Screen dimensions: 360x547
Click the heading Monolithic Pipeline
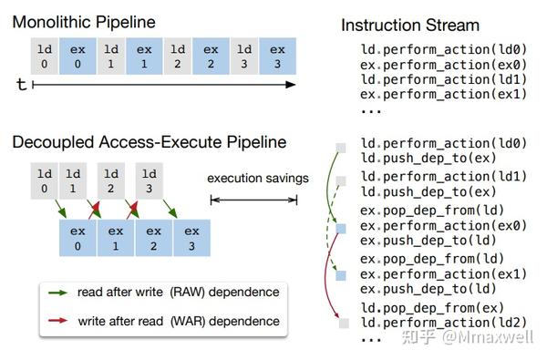click(x=84, y=21)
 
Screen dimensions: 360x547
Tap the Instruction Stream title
click(x=409, y=25)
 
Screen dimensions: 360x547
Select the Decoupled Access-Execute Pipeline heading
click(x=149, y=142)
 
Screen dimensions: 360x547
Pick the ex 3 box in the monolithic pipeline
click(x=277, y=57)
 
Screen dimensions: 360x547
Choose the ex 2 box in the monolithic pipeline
click(x=211, y=57)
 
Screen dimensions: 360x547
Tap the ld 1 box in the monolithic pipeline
click(x=110, y=57)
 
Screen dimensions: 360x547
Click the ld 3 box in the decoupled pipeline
click(x=148, y=180)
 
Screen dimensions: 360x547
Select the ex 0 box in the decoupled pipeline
click(x=78, y=238)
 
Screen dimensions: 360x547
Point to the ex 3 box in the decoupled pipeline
click(x=190, y=238)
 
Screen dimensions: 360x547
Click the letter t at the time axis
click(x=20, y=84)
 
